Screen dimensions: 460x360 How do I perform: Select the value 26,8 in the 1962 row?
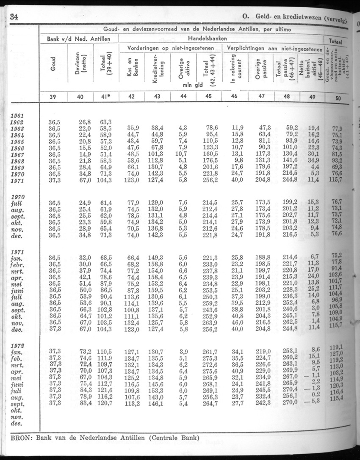pyautogui.click(x=85, y=122)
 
